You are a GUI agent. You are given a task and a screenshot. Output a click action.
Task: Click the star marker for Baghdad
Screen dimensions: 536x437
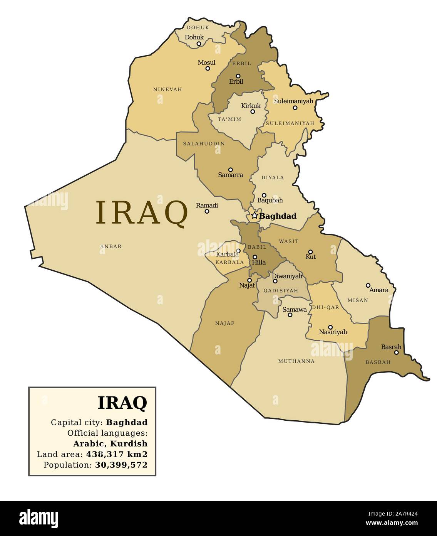254,216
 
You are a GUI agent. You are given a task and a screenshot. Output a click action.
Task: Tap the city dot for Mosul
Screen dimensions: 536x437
208,68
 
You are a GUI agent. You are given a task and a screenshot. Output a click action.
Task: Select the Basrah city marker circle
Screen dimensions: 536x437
396,352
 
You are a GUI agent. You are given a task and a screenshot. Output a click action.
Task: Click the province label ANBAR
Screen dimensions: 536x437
111,246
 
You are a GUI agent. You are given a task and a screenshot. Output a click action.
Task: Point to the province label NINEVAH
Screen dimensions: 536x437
167,89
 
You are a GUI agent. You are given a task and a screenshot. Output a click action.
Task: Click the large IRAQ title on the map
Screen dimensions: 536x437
141,212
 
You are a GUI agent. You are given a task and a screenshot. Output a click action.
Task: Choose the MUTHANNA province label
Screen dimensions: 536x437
296,361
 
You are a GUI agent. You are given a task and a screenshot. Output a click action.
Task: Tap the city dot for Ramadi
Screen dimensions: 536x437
207,211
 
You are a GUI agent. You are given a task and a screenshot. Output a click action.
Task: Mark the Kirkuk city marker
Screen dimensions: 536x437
253,112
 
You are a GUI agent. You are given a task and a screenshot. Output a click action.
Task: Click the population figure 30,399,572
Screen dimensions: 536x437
121,465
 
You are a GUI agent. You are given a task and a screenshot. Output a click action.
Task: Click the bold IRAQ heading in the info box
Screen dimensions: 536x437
122,403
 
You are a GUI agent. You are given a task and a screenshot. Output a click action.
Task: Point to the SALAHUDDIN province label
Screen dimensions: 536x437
204,143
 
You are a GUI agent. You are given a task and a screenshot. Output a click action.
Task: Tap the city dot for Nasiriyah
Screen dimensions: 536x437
330,327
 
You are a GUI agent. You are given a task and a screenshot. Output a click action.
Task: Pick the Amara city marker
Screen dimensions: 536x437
368,285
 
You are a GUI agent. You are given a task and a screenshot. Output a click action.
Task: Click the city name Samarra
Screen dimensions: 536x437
230,175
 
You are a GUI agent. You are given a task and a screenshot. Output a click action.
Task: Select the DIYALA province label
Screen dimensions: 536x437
273,178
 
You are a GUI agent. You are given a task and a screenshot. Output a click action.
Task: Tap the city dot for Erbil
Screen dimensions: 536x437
238,76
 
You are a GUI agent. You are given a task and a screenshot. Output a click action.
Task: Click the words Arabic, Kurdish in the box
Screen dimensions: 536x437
111,443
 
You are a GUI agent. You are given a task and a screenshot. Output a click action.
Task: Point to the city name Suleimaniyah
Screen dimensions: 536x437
293,101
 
